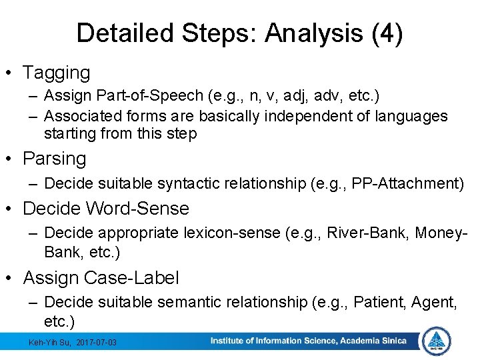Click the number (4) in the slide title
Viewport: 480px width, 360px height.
[x=389, y=33]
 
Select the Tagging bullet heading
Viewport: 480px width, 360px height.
[x=56, y=72]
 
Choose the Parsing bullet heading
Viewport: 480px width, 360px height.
[x=54, y=159]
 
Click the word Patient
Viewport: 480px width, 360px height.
[x=375, y=303]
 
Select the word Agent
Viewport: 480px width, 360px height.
[x=433, y=303]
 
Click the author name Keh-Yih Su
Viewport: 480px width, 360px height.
[x=50, y=342]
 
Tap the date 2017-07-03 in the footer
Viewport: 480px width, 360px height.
[x=96, y=342]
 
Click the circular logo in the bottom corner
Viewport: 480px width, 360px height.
[x=437, y=341]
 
